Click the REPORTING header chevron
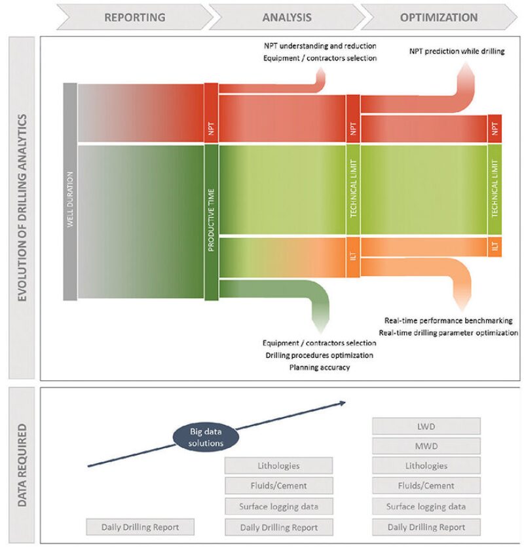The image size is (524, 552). (x=134, y=17)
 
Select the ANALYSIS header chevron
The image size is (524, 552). (x=286, y=17)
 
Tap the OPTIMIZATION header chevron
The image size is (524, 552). (x=438, y=17)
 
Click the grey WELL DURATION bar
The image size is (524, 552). (x=70, y=191)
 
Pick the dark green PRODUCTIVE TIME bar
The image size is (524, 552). (x=211, y=222)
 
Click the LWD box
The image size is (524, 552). (x=426, y=426)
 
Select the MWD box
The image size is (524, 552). (x=426, y=446)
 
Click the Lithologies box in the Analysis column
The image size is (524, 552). (x=278, y=466)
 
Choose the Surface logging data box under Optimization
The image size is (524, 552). (x=426, y=506)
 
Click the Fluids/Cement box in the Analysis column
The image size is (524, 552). (x=278, y=486)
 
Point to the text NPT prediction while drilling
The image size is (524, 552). (x=457, y=51)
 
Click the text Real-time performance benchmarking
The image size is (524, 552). (x=448, y=321)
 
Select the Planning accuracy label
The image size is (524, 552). (x=319, y=367)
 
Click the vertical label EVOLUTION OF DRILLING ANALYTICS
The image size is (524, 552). (x=22, y=208)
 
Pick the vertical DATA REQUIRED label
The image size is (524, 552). (x=22, y=465)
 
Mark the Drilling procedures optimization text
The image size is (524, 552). (x=319, y=355)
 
